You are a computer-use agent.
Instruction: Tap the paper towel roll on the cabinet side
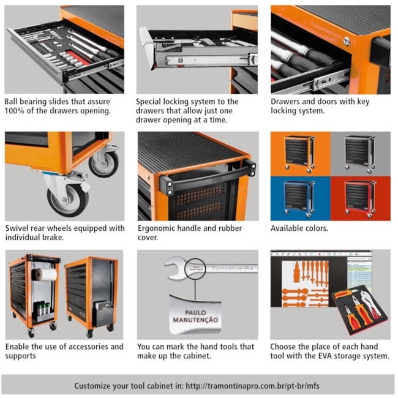click(45, 274)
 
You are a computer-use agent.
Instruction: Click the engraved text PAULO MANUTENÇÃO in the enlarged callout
click(195, 317)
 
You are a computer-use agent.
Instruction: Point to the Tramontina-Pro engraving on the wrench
click(232, 268)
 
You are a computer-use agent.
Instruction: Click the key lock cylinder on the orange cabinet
click(347, 40)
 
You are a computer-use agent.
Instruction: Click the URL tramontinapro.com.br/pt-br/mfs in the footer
click(252, 386)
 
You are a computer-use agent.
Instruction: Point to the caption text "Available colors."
click(299, 228)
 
